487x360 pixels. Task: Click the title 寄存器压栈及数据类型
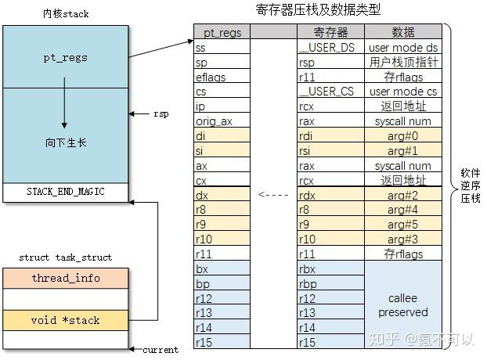tap(318, 10)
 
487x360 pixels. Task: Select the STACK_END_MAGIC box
tap(65, 192)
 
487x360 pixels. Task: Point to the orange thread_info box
tap(65, 278)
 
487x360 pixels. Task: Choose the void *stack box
tap(65, 319)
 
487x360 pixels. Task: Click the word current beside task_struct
tap(161, 350)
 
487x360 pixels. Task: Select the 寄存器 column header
tap(330, 32)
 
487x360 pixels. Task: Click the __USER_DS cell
tap(330, 47)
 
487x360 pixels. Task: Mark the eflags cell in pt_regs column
tap(222, 77)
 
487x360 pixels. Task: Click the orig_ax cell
tap(222, 121)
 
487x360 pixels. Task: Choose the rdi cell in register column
tap(330, 136)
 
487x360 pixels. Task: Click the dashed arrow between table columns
tap(272, 195)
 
